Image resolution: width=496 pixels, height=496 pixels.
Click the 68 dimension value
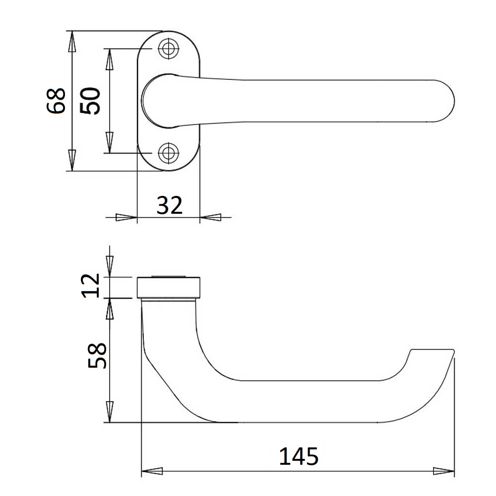[x=56, y=101]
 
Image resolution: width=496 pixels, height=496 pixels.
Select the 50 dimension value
[x=90, y=101]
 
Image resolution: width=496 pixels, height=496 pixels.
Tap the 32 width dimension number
[x=170, y=205]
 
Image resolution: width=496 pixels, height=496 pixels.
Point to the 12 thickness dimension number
[x=90, y=286]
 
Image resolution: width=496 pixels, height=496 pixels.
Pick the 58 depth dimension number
[x=97, y=355]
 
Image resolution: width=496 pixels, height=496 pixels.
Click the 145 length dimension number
[x=299, y=456]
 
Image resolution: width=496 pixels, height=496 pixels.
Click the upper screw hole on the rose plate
[x=168, y=49]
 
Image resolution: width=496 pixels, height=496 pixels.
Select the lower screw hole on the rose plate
[x=168, y=153]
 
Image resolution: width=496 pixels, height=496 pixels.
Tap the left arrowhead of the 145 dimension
[x=152, y=471]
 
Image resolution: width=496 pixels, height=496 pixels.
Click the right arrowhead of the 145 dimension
[x=443, y=471]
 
